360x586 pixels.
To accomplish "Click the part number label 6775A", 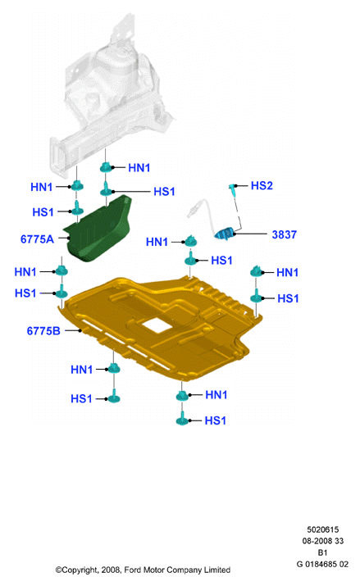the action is (x=37, y=239).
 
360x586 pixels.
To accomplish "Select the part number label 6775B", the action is (x=43, y=331).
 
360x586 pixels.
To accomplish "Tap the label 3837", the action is (x=284, y=234).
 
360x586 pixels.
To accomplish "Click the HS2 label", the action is (x=262, y=186).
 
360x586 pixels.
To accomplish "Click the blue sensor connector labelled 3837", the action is (x=225, y=234).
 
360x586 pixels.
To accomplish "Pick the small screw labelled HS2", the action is (x=233, y=191).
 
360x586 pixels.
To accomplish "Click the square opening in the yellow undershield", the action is (x=157, y=325).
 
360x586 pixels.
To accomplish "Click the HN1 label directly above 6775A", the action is (x=42, y=187).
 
